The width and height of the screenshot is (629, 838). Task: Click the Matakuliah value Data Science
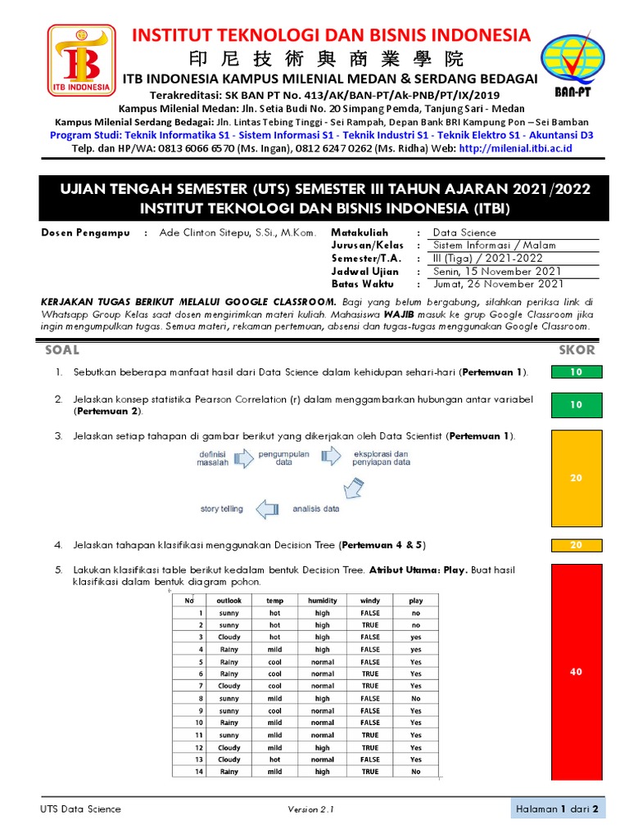464,233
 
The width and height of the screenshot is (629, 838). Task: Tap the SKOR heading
577,350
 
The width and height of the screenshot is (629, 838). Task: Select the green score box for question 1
576,372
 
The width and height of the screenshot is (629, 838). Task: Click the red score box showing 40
576,672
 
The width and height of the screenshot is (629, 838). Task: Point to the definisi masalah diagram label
213,457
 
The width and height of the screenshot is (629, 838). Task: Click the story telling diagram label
221,509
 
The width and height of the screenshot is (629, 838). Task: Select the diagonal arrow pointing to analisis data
352,489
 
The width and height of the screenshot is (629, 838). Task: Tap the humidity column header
323,601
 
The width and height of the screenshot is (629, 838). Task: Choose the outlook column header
229,601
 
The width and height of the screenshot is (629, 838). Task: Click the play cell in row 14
416,772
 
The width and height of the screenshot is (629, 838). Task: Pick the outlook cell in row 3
229,637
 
